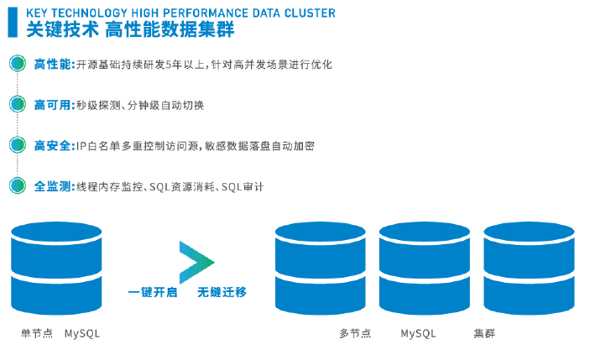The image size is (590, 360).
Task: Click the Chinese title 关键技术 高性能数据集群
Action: pyautogui.click(x=130, y=30)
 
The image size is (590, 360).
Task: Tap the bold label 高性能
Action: pyautogui.click(x=54, y=65)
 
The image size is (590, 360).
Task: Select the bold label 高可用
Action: pyautogui.click(x=54, y=105)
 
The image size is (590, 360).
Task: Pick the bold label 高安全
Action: pyautogui.click(x=54, y=146)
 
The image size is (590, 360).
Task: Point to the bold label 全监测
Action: pyautogui.click(x=54, y=186)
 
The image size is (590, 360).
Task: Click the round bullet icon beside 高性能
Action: pyautogui.click(x=17, y=64)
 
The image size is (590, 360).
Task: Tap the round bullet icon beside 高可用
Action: pyautogui.click(x=17, y=104)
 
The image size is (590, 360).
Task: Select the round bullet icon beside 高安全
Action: pyautogui.click(x=17, y=145)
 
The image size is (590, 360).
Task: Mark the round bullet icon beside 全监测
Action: pyautogui.click(x=17, y=185)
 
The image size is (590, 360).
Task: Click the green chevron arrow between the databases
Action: pyautogui.click(x=196, y=262)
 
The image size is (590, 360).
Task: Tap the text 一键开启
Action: pyautogui.click(x=152, y=293)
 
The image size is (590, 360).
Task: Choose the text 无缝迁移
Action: pyautogui.click(x=222, y=293)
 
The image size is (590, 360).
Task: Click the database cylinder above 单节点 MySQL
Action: pyautogui.click(x=56, y=267)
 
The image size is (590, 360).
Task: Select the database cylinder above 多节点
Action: pyautogui.click(x=320, y=267)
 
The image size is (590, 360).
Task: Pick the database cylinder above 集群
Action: pyautogui.click(x=528, y=267)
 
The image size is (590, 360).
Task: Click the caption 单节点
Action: pyautogui.click(x=37, y=333)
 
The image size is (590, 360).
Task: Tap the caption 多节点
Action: pyautogui.click(x=355, y=333)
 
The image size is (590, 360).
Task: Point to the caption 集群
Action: pyautogui.click(x=484, y=333)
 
